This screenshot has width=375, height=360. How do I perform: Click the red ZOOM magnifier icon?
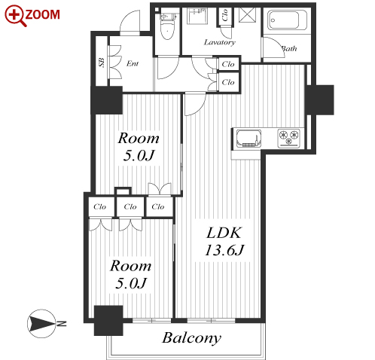(x=15, y=16)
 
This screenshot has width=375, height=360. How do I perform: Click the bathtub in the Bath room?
(x=287, y=20)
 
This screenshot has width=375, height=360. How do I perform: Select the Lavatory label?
(x=220, y=42)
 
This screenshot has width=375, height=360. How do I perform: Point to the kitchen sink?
(x=248, y=139)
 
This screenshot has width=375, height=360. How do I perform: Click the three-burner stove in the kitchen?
(x=289, y=138)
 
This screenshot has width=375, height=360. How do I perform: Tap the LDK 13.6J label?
(x=224, y=241)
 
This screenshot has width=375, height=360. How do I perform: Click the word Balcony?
(x=192, y=338)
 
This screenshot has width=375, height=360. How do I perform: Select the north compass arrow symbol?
(x=41, y=324)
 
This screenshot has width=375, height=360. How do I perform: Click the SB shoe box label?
(x=102, y=63)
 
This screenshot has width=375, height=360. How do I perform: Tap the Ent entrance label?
(x=133, y=63)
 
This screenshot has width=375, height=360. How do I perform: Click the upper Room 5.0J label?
(x=139, y=146)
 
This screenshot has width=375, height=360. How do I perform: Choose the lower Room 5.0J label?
(x=131, y=274)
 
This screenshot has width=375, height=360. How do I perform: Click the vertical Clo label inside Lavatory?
(x=225, y=15)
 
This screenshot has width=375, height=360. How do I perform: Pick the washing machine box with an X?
(x=247, y=15)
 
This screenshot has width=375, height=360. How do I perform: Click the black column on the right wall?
(x=319, y=100)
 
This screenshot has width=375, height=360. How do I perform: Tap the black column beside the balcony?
(x=108, y=321)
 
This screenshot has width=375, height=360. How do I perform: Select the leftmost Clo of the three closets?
(x=99, y=207)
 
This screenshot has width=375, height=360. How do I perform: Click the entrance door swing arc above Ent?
(x=130, y=21)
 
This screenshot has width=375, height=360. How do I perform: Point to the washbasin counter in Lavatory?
(x=197, y=16)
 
